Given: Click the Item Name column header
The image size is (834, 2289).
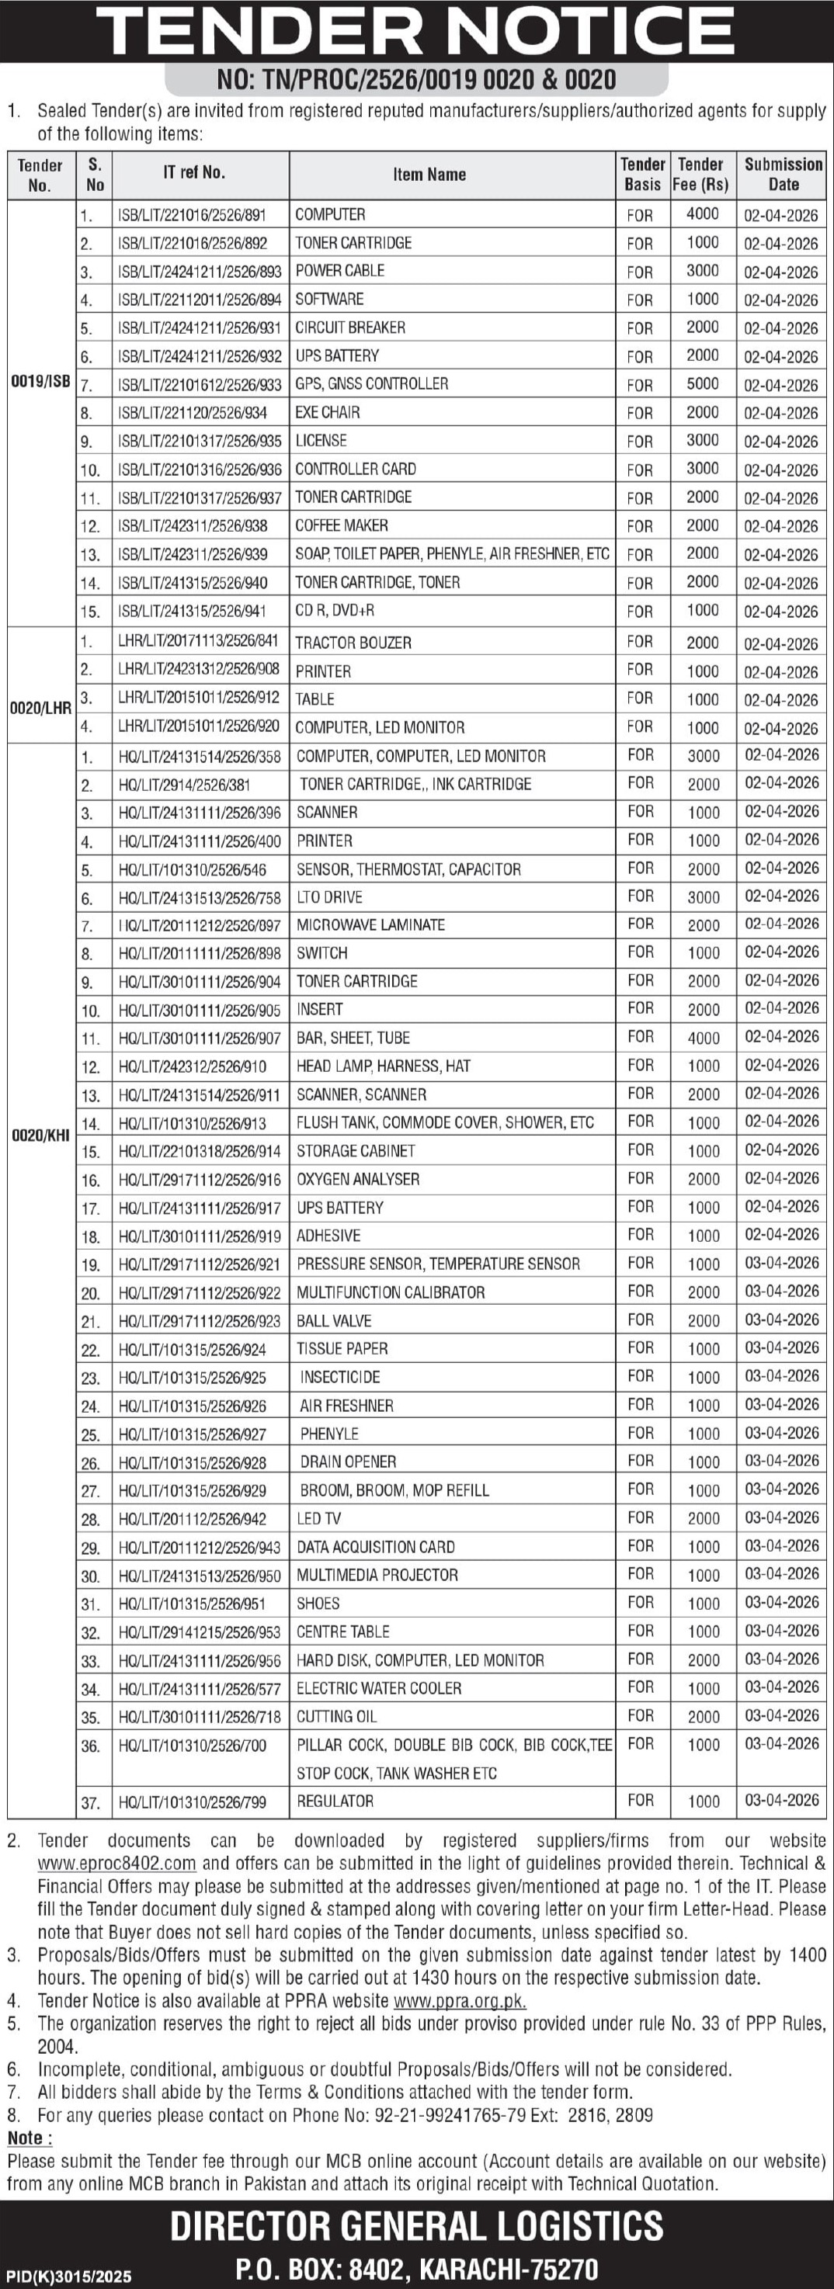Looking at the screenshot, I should click(429, 174).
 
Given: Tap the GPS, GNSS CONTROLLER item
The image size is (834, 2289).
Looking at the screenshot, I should click(372, 384).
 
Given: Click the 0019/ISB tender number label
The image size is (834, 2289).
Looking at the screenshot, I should click(40, 382).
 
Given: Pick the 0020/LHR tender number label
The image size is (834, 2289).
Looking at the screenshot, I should click(40, 708).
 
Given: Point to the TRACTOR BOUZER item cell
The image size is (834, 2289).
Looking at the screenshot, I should click(353, 643).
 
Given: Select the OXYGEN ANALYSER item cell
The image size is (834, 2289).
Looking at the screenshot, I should click(357, 1179).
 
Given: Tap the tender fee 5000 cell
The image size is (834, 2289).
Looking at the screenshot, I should click(703, 384).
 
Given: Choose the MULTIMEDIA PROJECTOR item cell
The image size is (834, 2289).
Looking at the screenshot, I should click(377, 1575).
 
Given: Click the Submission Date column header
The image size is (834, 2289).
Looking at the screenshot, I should click(784, 174).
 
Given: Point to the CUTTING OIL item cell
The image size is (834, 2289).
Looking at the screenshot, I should click(337, 1716).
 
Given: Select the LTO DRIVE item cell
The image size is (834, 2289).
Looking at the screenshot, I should click(329, 897).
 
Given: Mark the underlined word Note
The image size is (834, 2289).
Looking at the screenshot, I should click(30, 2138).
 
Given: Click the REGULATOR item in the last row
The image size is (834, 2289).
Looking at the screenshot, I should click(335, 1800).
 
